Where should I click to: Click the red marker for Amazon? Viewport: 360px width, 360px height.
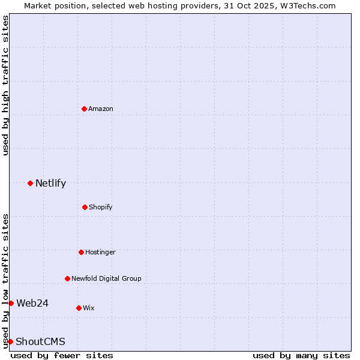(x=84, y=109)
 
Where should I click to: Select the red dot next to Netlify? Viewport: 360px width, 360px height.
(x=30, y=183)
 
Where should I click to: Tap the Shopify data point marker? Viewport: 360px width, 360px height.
(x=85, y=207)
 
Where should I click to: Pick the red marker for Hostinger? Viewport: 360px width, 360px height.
(x=81, y=252)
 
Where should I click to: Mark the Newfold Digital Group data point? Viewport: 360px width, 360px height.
(x=67, y=278)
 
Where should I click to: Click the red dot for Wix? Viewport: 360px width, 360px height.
(x=79, y=308)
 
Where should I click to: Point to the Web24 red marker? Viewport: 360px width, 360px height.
(x=11, y=303)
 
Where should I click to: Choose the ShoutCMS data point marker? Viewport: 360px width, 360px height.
(x=10, y=341)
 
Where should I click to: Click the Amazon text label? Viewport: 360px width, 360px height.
(x=101, y=109)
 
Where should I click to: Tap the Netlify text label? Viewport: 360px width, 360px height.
(x=50, y=184)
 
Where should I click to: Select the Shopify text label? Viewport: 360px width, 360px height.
(x=101, y=207)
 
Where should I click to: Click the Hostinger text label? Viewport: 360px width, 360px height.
(x=100, y=252)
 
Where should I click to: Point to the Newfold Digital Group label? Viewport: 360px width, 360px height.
(x=106, y=278)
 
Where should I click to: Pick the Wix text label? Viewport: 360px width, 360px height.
(x=89, y=308)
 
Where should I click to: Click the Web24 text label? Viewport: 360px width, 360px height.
(x=32, y=303)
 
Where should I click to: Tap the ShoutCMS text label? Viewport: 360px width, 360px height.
(x=40, y=342)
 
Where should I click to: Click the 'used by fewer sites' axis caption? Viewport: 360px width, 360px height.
(x=62, y=355)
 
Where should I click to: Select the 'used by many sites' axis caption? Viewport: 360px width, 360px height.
(x=301, y=355)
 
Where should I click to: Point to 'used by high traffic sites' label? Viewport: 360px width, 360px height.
(x=5, y=85)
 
